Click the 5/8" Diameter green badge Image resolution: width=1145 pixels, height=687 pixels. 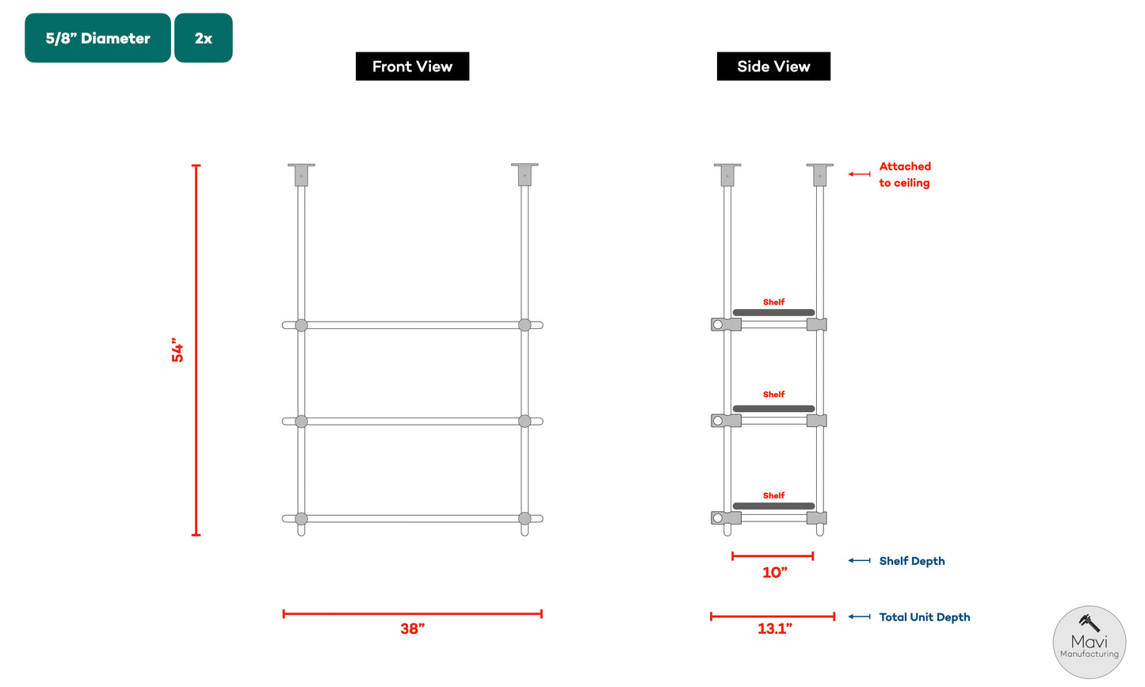[x=97, y=38]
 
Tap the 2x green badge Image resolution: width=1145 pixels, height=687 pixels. [x=203, y=38]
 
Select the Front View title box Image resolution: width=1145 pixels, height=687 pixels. [x=412, y=67]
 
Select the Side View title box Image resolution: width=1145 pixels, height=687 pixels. [x=773, y=67]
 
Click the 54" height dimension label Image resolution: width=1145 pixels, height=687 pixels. [x=177, y=352]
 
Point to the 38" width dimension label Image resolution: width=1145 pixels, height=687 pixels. [x=412, y=629]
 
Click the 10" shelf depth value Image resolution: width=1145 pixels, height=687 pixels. [x=774, y=573]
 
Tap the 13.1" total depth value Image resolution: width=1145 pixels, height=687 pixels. [x=774, y=629]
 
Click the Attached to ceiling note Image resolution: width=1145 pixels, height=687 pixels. [x=904, y=174]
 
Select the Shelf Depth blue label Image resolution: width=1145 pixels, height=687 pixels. [x=911, y=561]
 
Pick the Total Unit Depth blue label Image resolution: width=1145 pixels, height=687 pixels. [x=924, y=617]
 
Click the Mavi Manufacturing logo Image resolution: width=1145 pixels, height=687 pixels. [x=1089, y=643]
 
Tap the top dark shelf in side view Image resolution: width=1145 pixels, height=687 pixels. [x=773, y=312]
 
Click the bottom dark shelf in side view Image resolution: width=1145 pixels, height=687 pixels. [x=773, y=506]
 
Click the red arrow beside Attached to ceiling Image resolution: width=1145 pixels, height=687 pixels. [x=859, y=174]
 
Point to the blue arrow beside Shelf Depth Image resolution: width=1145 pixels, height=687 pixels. [x=859, y=561]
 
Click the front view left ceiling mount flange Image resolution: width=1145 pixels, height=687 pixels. [x=301, y=166]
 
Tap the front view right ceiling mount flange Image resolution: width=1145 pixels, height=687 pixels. [x=525, y=166]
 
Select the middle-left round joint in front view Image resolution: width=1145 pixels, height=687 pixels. [x=301, y=422]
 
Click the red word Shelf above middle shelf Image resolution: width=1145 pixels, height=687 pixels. [x=773, y=395]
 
